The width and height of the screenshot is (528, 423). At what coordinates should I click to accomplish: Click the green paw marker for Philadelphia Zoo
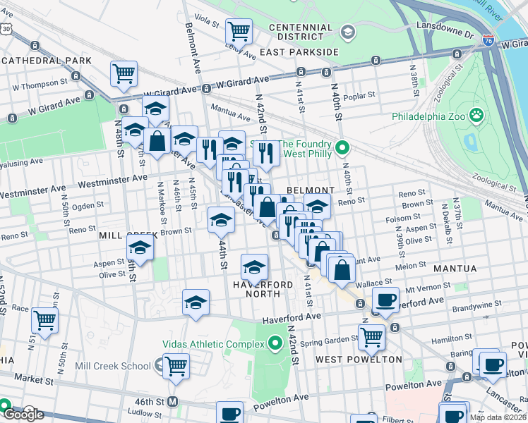(x=477, y=114)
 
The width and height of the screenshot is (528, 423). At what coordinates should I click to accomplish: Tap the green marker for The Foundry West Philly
(x=343, y=148)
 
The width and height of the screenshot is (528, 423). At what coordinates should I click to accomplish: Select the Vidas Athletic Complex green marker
(x=275, y=343)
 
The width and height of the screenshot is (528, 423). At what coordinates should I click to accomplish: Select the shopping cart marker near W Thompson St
(x=124, y=73)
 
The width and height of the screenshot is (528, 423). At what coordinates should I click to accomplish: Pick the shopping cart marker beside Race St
(x=44, y=319)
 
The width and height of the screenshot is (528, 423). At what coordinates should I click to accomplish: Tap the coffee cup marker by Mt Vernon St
(x=385, y=299)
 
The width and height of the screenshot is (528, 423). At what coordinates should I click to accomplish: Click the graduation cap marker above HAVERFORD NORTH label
(x=254, y=266)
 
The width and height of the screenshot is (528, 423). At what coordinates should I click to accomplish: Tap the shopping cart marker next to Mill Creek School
(x=176, y=364)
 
